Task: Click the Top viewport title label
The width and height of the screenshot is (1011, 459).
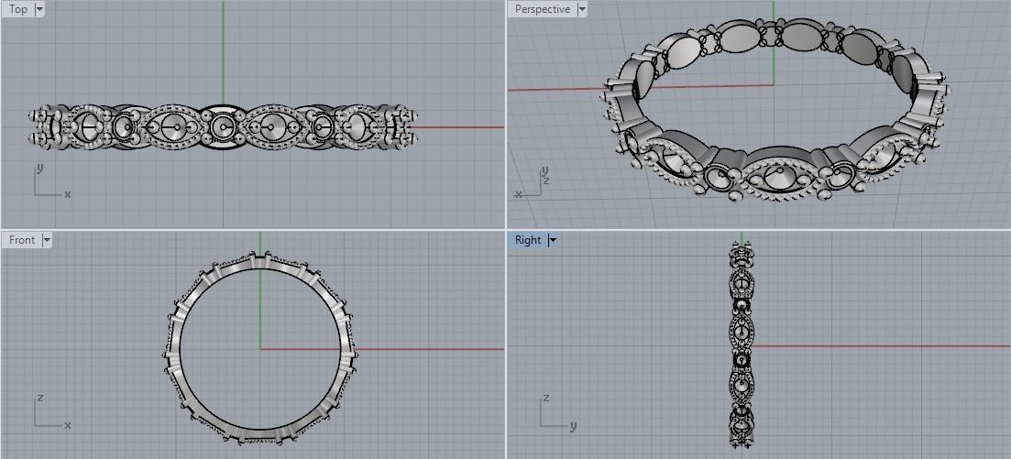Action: point(17,9)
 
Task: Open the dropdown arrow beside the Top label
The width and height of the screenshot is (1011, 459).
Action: point(38,9)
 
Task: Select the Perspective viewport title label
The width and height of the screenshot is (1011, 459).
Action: point(542,9)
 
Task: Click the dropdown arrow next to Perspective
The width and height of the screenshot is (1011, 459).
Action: point(581,9)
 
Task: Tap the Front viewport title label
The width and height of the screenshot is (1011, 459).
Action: point(21,240)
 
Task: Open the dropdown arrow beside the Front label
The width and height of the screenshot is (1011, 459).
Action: point(47,240)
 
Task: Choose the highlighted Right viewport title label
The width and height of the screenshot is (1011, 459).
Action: point(528,240)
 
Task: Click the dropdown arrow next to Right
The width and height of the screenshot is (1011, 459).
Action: point(553,240)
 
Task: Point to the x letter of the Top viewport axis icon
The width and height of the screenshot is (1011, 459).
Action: point(68,194)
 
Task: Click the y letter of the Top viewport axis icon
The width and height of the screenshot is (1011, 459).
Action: point(38,169)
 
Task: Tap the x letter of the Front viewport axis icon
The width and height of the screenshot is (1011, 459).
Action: point(68,425)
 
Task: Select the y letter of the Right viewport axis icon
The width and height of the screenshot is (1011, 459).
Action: point(573,426)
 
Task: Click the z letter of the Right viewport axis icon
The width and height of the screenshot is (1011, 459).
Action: point(544,399)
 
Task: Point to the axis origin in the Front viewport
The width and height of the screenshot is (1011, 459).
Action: point(261,349)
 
